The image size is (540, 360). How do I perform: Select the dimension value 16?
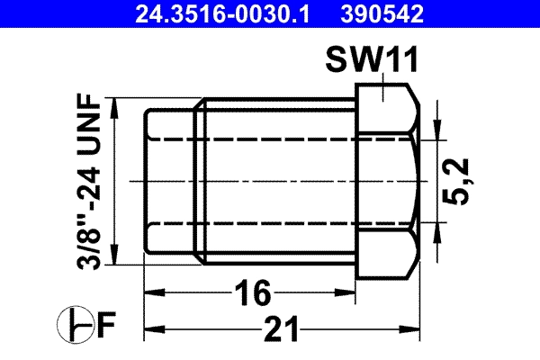click(252, 292)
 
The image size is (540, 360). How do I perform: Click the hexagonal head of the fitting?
click(387, 180)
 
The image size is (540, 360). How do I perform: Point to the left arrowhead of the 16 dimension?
click(154, 292)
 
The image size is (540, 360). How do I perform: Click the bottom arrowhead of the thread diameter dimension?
click(115, 257)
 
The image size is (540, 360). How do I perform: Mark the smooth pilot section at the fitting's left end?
click(171, 180)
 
